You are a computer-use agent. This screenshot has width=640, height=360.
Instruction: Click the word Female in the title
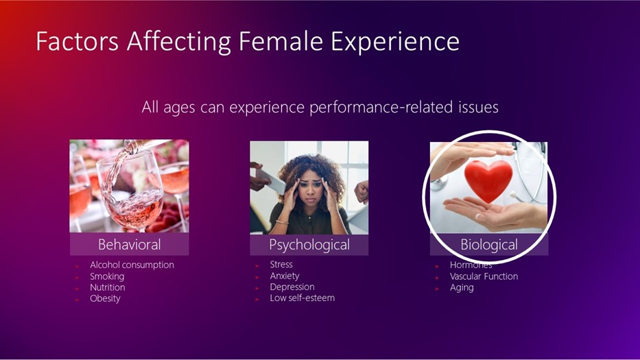(281, 41)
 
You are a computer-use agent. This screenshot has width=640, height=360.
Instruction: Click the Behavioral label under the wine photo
(130, 245)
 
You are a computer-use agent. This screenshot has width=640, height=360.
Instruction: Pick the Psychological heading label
(309, 245)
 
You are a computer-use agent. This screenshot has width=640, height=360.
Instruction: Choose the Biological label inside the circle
(489, 245)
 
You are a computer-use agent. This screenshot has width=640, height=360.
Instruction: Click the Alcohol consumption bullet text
(132, 265)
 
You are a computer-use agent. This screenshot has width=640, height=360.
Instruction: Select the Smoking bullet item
(107, 276)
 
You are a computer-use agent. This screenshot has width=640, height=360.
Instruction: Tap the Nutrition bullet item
(107, 287)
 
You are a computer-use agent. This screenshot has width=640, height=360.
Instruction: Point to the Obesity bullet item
(105, 298)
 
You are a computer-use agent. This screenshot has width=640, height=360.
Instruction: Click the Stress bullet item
(281, 265)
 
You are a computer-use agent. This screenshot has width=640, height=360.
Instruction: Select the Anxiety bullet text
(285, 276)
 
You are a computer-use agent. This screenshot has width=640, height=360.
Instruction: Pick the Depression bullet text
(292, 287)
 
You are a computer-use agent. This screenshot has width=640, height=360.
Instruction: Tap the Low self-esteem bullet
(302, 298)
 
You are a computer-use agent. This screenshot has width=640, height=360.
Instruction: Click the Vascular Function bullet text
(484, 276)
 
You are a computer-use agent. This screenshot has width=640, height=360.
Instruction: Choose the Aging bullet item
(462, 288)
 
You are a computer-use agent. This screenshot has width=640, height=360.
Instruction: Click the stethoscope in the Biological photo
(531, 171)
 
